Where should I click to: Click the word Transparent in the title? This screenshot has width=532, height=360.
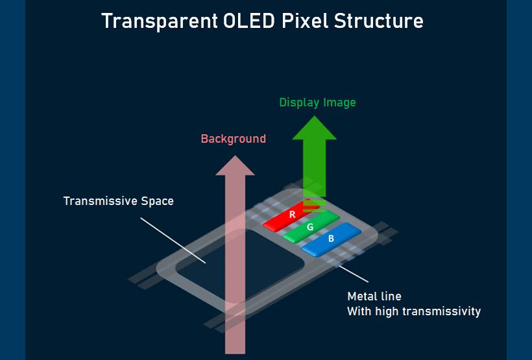pyautogui.click(x=160, y=21)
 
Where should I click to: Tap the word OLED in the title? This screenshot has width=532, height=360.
pyautogui.click(x=248, y=21)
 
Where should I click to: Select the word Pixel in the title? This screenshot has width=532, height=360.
pyautogui.click(x=305, y=21)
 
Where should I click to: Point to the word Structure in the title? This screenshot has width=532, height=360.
pyautogui.click(x=379, y=21)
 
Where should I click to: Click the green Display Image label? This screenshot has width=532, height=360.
pyautogui.click(x=317, y=102)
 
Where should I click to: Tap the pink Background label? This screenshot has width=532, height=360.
pyautogui.click(x=234, y=139)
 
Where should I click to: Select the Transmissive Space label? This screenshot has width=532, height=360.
pyautogui.click(x=119, y=201)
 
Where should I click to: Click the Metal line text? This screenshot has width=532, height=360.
pyautogui.click(x=374, y=296)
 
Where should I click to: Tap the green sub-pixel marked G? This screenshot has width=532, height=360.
pyautogui.click(x=311, y=226)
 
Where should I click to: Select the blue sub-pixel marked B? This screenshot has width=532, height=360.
pyautogui.click(x=331, y=239)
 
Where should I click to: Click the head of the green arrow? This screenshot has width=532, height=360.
pyautogui.click(x=314, y=128)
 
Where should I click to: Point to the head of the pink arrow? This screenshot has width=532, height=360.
pyautogui.click(x=235, y=165)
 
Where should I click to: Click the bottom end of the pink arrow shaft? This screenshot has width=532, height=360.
pyautogui.click(x=235, y=354)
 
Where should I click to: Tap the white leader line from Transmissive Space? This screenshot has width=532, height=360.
pyautogui.click(x=173, y=241)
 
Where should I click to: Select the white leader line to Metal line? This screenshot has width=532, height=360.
pyautogui.click(x=354, y=274)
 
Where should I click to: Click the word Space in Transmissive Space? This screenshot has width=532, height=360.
pyautogui.click(x=157, y=202)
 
